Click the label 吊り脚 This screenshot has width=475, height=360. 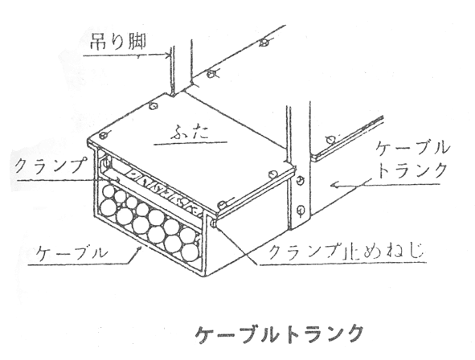pos(118,41)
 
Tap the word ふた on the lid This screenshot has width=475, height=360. pos(190,133)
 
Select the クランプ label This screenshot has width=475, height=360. pos(49,166)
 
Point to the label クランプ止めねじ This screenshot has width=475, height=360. pos(346,251)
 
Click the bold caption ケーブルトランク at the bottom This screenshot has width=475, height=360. pos(279,334)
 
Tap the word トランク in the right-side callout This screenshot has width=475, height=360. pos(412,170)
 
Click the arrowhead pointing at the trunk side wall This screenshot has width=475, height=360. pos(334,184)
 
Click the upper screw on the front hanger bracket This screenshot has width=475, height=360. pos(299,180)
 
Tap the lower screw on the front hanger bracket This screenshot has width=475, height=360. pos(301,209)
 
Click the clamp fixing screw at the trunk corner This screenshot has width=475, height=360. pos(213,223)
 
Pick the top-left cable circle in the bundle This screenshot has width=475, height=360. pos(109,193)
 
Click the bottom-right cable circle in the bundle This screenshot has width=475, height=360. pos(190,252)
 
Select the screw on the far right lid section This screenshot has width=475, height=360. pos(331,139)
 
